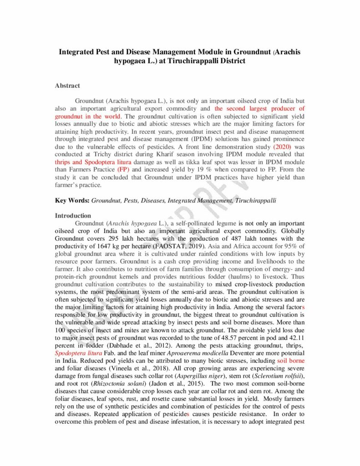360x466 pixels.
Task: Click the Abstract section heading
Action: pos(67,86)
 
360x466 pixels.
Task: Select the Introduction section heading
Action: pos(73,215)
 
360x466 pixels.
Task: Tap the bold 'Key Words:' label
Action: pos(72,200)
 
